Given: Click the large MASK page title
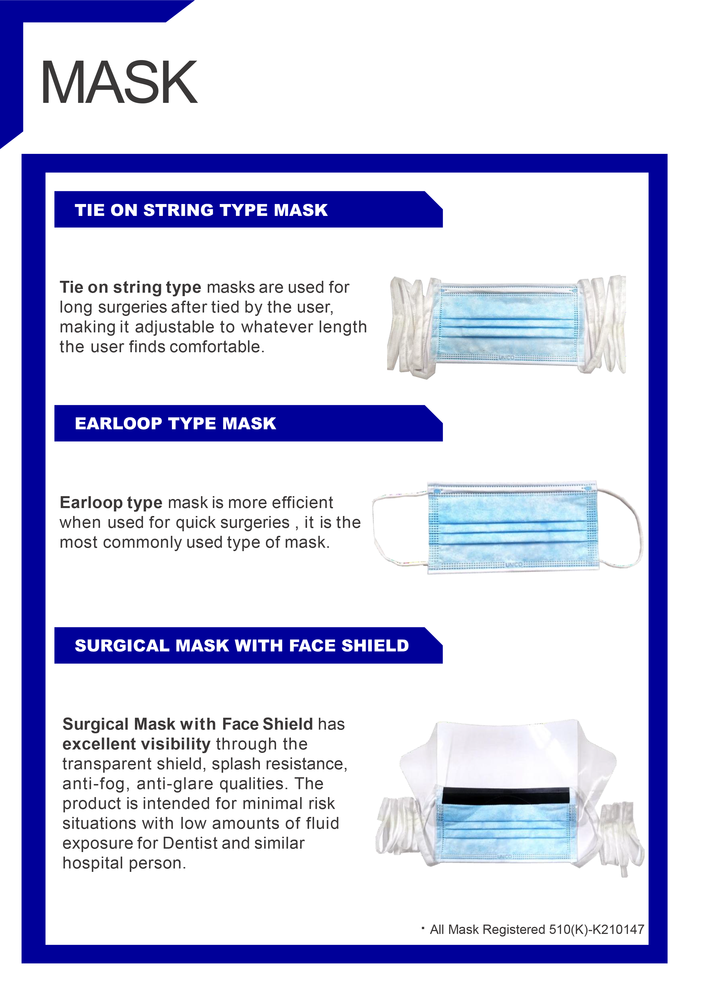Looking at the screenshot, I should [119, 82].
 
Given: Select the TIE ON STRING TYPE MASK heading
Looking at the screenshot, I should [201, 210].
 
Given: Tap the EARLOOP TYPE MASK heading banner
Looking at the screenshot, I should [175, 423].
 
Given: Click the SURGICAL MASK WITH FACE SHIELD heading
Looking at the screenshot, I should [242, 645].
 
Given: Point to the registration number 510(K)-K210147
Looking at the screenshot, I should [596, 929].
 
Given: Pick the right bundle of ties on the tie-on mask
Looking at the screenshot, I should [604, 325].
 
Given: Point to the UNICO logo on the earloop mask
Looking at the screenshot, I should [514, 564].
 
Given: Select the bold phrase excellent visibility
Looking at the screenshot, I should [136, 744].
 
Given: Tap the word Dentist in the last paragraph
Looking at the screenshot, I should [190, 843].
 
